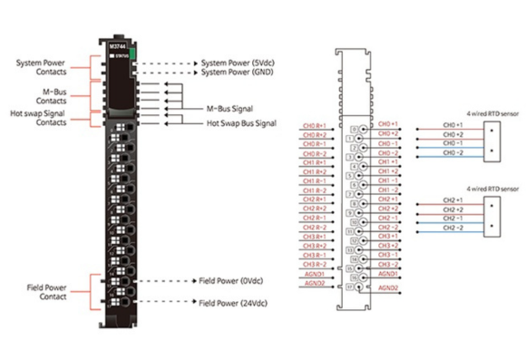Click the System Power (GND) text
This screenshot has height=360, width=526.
click(x=238, y=73)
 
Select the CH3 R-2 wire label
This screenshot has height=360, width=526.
click(x=314, y=264)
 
